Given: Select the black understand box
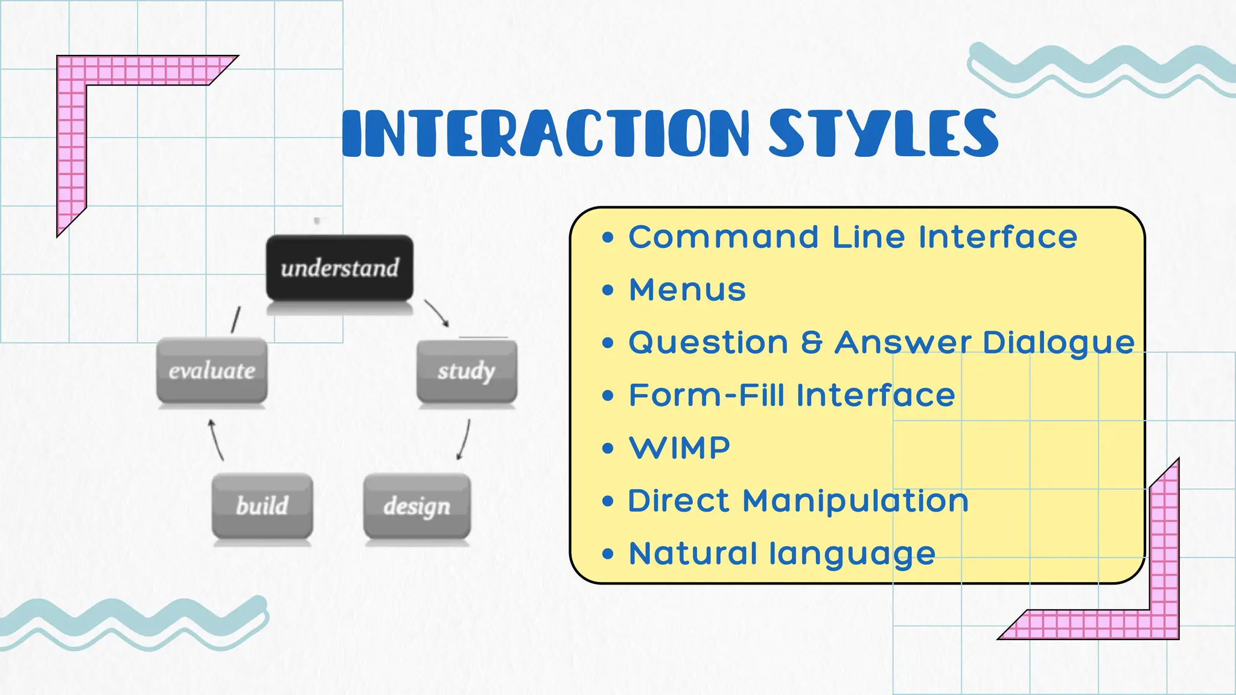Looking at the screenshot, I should point(340,268).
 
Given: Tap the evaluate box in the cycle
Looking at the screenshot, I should point(212,370).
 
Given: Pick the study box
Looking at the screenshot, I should point(467,371).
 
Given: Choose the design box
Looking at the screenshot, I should point(417,506).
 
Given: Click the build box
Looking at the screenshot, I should point(263,506).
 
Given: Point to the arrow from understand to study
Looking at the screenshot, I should point(437,313).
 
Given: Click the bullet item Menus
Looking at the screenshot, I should point(687,290).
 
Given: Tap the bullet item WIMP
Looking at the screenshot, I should point(680,448).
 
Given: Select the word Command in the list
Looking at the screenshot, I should point(724,236).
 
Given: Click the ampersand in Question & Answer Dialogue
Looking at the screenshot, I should point(812,342).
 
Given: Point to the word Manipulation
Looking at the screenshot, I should point(855,501).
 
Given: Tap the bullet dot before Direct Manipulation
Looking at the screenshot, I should point(608,501).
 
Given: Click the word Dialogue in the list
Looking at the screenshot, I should point(1059,343).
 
